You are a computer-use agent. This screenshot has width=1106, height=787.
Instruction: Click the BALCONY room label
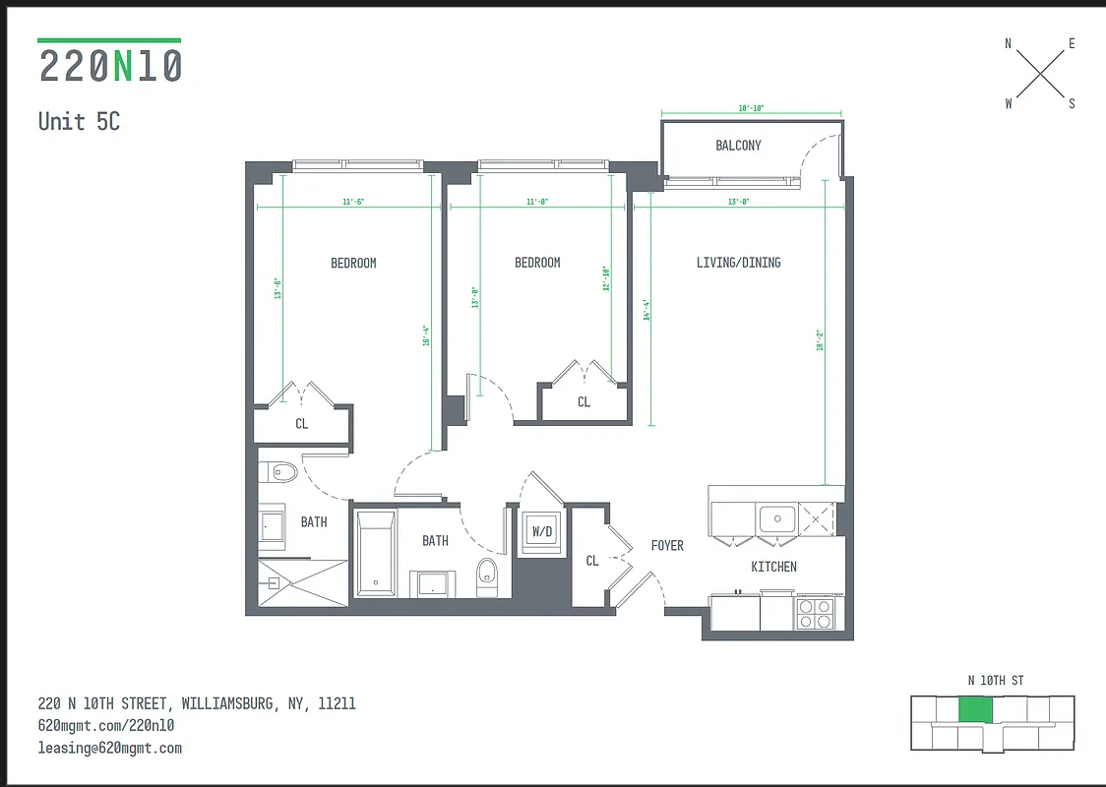[x=738, y=146]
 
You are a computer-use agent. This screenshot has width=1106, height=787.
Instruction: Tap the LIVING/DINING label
[x=738, y=263]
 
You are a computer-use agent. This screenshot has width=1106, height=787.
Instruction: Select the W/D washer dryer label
[x=542, y=531]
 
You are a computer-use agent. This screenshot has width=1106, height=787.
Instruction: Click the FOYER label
[x=667, y=546]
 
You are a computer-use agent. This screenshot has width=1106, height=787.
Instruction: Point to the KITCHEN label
[x=773, y=567]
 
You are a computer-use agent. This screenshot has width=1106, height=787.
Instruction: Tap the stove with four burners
[x=816, y=614]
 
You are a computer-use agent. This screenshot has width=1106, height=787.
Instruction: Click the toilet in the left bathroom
[x=281, y=472]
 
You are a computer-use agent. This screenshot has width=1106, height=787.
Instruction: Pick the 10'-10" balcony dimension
[x=751, y=109]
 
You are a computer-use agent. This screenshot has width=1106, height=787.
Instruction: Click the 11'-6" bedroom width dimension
[x=354, y=202]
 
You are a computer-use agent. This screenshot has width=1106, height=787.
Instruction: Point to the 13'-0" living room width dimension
[x=738, y=202]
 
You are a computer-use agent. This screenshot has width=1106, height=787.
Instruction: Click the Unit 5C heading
[x=79, y=121]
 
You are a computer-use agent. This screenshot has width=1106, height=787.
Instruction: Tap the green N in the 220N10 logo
[x=122, y=66]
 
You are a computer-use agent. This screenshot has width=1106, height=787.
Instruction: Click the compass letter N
[x=1008, y=43]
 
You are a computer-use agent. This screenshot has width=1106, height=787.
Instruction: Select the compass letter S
[x=1072, y=103]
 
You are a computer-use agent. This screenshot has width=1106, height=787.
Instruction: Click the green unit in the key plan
[x=975, y=709]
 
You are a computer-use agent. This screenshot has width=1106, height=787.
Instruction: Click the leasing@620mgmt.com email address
[x=110, y=748]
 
